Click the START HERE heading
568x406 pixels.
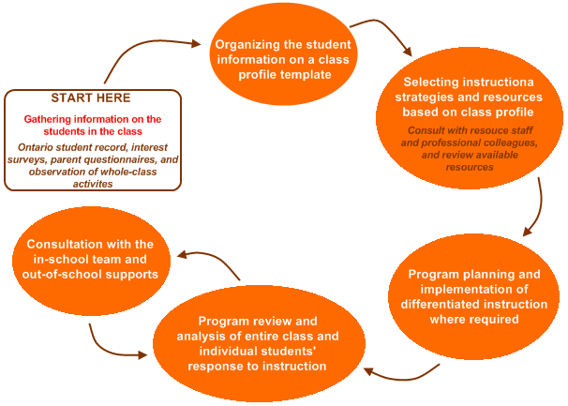point(91,98)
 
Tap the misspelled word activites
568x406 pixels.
point(93,184)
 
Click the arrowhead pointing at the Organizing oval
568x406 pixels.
point(196,43)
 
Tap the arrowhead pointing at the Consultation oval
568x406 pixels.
point(182,254)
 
